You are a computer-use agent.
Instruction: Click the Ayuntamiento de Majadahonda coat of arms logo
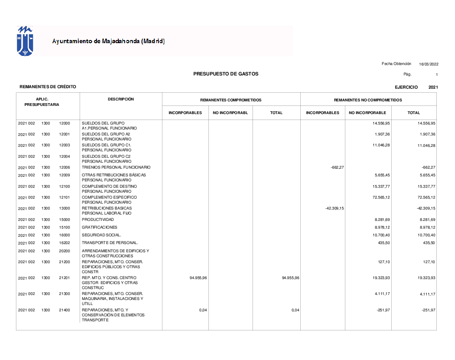pos(25,41)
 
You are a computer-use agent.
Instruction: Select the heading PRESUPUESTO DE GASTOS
pos(226,74)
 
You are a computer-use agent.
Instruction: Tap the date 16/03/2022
pos(429,64)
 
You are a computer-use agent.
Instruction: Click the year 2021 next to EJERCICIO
pos(433,87)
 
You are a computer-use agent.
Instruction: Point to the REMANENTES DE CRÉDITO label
pos(48,87)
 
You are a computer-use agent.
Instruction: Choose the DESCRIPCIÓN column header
pos(121,99)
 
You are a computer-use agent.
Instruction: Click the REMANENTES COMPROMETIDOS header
pos(231,100)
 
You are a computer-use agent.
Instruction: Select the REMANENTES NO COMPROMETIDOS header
pos(368,100)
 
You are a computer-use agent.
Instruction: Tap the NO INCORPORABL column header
pos(230,113)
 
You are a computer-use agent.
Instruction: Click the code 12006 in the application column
pos(64,167)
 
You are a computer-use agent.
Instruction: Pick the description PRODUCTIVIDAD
pos(98,220)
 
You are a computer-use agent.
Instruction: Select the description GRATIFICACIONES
pos(99,227)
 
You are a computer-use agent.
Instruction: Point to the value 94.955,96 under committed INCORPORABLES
pos(198,278)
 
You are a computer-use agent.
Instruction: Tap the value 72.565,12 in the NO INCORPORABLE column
pos(381,198)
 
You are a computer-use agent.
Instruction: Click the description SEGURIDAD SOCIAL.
pos(101,235)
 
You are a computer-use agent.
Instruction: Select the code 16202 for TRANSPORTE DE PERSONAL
pos(64,243)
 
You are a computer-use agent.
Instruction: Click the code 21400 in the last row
pos(64,310)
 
